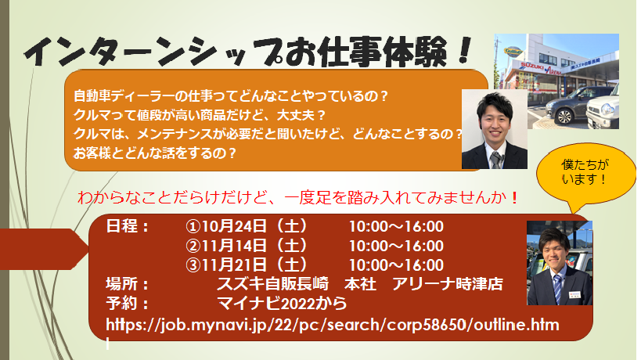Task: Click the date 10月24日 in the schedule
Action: (234, 226)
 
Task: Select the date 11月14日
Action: (234, 246)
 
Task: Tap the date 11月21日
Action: (234, 265)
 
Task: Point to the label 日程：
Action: (128, 226)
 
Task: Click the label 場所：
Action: (128, 284)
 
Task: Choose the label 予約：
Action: (128, 303)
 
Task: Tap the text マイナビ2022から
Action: (282, 303)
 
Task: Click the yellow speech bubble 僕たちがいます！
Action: (585, 175)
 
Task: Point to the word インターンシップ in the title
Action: (153, 52)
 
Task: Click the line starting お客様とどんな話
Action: (155, 153)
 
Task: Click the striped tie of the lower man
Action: (557, 289)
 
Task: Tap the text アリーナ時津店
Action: (448, 284)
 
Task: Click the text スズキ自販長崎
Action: (272, 284)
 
